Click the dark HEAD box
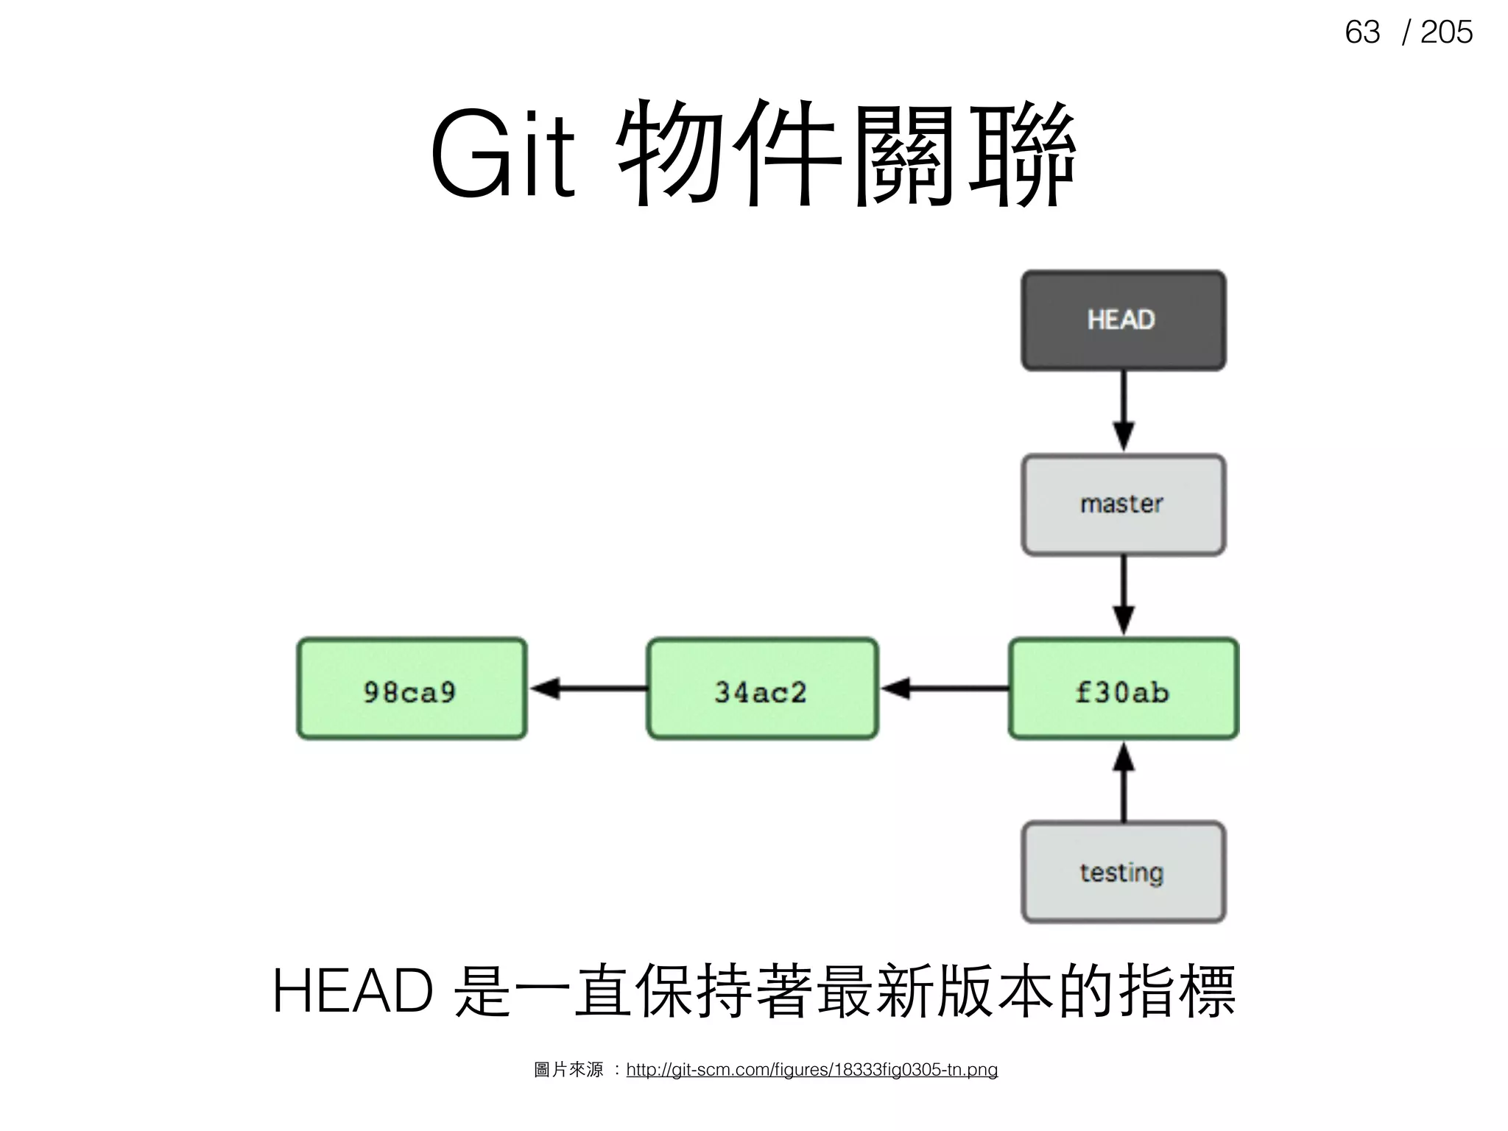pos(1123,320)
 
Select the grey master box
pos(1123,504)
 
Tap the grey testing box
pos(1123,872)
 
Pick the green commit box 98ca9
pos(412,689)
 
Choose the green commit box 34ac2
pos(762,689)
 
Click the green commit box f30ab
pos(1123,689)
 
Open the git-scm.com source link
pos(811,1070)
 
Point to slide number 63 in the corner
pos(1361,32)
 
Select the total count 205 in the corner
pos(1446,32)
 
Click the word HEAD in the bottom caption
pos(353,991)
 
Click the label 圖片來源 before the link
pos(568,1070)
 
